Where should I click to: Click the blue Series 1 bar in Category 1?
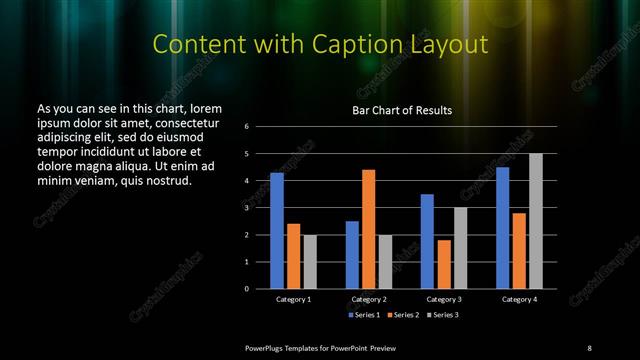(277, 231)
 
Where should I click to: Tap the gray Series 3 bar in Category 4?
(536, 221)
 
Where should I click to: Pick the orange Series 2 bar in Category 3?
(443, 264)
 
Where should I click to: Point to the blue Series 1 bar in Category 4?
(502, 228)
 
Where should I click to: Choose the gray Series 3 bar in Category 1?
(310, 262)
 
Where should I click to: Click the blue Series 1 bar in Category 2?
(352, 255)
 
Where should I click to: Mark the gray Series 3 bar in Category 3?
(460, 248)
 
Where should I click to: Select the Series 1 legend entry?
(363, 316)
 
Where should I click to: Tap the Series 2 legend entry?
(402, 316)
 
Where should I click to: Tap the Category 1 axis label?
(293, 299)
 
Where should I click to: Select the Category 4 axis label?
(519, 299)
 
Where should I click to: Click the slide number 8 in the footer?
(589, 347)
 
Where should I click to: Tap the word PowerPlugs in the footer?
(269, 347)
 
